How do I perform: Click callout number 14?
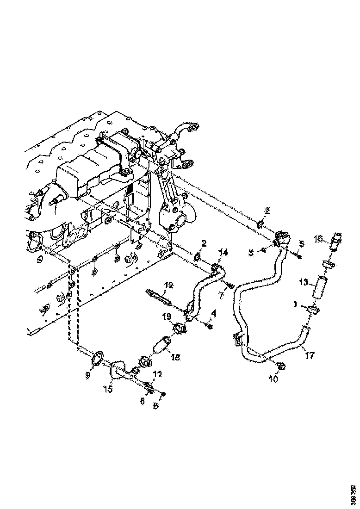[223, 252]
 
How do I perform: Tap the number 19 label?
[166, 317]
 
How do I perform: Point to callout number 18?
[175, 357]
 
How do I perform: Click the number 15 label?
[107, 389]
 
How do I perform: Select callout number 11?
[157, 373]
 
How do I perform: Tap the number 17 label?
[310, 356]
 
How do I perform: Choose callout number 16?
[318, 238]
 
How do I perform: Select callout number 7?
[221, 294]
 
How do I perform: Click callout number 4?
[213, 313]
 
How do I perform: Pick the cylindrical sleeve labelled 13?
[319, 287]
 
